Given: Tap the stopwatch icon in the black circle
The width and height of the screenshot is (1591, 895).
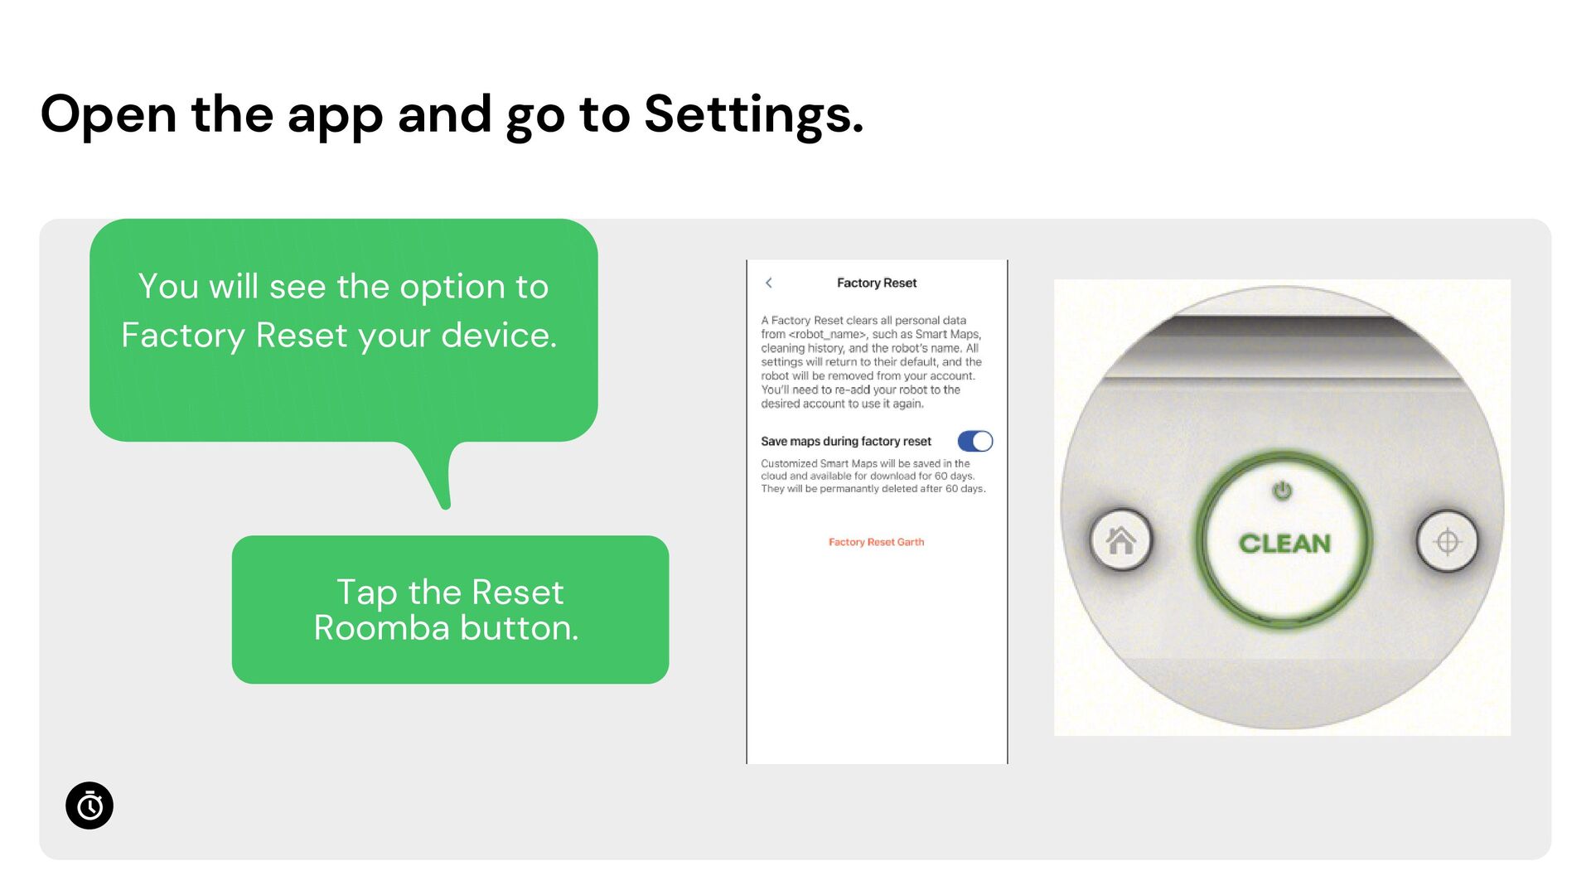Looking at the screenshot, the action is coord(89,805).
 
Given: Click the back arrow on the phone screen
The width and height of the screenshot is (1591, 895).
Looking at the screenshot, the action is coord(769,283).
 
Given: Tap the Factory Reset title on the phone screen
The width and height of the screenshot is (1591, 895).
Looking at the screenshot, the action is coord(877,283).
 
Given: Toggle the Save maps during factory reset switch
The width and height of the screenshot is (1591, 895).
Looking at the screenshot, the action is coord(975,441).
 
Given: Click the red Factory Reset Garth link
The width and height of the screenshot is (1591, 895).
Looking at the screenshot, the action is coord(876,542).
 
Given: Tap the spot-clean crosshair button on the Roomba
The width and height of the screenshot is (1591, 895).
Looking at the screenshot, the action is coord(1447,541).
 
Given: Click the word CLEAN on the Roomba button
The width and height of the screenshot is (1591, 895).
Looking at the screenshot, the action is coord(1284,544).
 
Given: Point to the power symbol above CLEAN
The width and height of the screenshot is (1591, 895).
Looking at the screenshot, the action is coord(1282,491).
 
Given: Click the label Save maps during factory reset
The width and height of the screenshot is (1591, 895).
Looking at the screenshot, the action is coord(846,442).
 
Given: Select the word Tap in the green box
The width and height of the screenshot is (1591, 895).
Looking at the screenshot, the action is coord(366,593).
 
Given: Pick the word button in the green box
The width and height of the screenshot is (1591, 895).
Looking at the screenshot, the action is coord(519,628).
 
